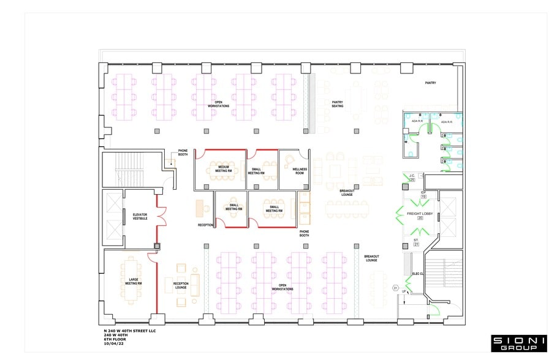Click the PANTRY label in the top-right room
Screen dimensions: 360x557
pos(431,83)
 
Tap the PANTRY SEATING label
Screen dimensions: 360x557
pos(338,104)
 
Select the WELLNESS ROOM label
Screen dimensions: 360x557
pos(299,171)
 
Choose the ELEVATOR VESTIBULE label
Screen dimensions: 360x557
pos(140,216)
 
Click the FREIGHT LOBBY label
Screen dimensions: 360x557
pos(420,213)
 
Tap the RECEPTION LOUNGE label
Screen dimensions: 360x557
pos(181,285)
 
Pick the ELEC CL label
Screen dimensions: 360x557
pos(419,274)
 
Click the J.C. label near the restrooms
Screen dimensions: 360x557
pos(412,176)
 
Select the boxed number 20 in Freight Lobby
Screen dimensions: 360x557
pos(420,219)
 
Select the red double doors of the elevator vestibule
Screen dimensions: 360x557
pos(162,216)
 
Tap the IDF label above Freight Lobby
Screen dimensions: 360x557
pos(423,192)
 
